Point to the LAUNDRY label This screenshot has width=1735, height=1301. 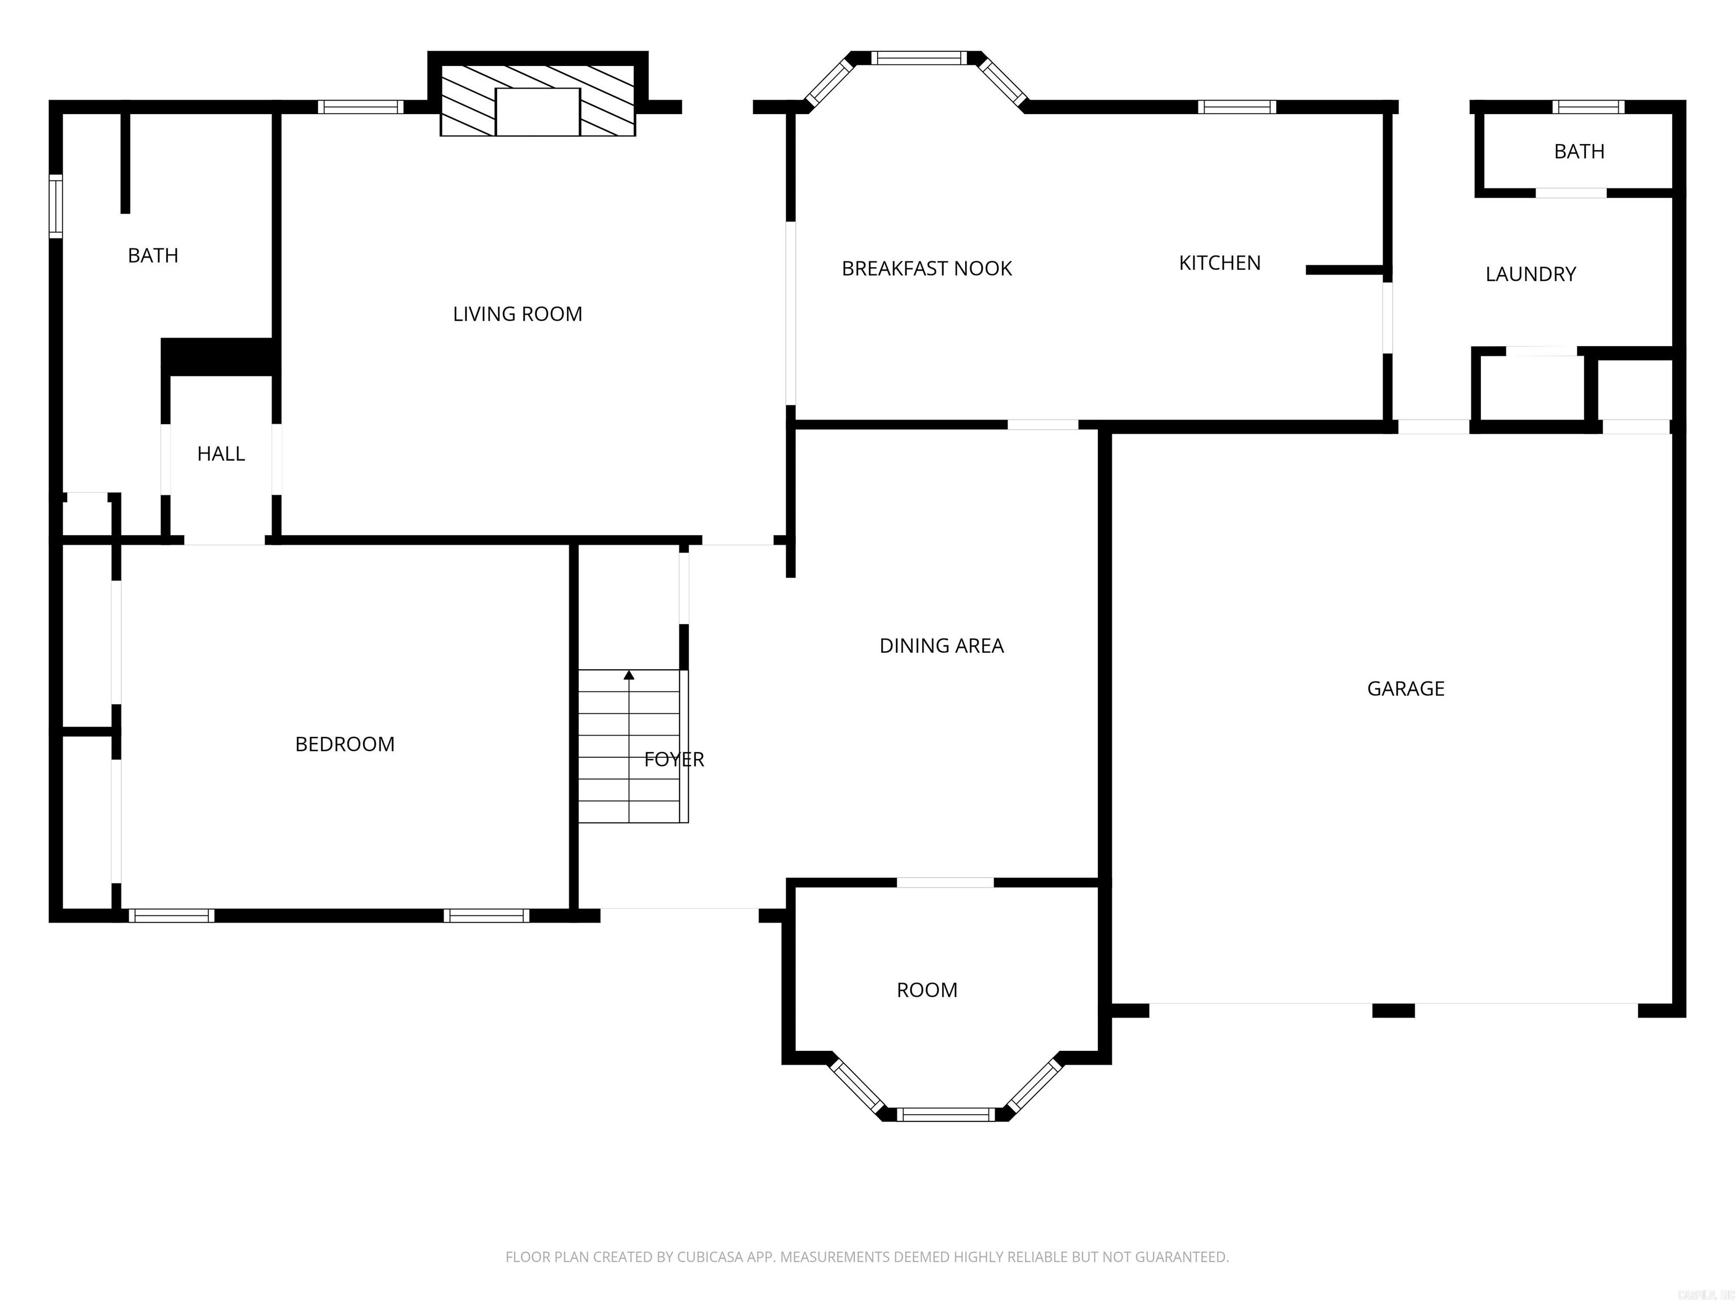[1531, 274]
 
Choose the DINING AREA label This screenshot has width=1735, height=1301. [941, 645]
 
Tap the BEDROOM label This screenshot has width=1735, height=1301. [345, 744]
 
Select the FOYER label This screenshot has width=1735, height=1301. [674, 758]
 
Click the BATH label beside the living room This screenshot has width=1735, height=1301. [153, 255]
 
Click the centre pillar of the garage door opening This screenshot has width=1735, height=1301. [1393, 1010]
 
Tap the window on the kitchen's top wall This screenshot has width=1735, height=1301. [1236, 107]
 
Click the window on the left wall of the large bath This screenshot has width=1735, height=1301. [55, 206]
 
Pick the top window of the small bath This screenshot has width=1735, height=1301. [1588, 107]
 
